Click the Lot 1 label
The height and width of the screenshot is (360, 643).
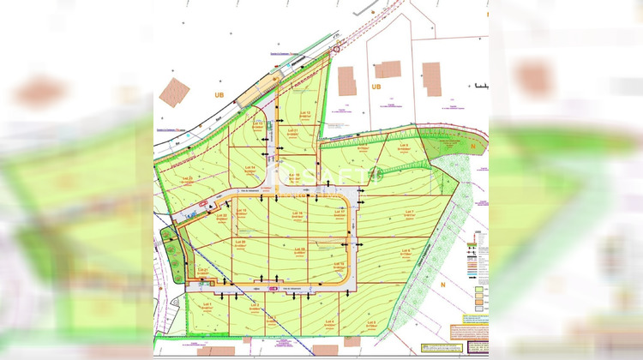[207, 304]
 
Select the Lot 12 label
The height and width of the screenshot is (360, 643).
[303, 112]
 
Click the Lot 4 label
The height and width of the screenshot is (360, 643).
[330, 322]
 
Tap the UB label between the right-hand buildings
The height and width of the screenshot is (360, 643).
[376, 86]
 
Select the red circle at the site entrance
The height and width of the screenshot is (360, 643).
[336, 49]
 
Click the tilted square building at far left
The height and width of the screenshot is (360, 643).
[174, 92]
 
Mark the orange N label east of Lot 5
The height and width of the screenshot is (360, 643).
[445, 283]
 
